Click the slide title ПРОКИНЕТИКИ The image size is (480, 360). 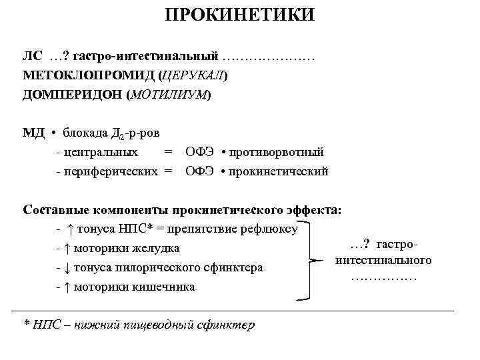point(239,15)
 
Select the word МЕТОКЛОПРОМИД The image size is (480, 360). point(85,76)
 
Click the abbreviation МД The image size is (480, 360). point(33,134)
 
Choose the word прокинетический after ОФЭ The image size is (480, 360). point(278,171)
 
